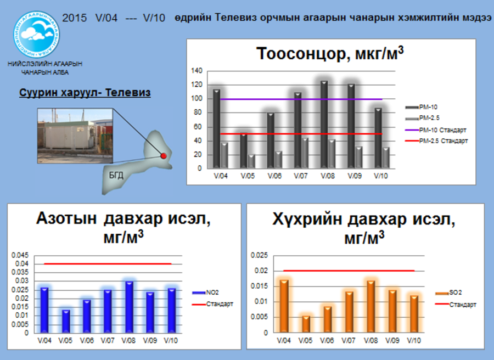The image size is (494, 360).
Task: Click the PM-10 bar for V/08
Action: [x=324, y=125]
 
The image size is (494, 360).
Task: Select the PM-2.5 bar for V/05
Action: [x=251, y=161]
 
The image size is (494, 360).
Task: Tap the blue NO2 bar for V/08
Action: [x=129, y=307]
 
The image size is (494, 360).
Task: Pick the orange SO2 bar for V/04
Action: [x=284, y=306]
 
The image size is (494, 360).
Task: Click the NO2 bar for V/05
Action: [x=66, y=321]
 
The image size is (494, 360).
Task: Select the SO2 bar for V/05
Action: [x=306, y=324]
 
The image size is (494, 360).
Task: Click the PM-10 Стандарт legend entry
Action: [x=436, y=130]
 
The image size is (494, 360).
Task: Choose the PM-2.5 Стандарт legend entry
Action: [x=436, y=141]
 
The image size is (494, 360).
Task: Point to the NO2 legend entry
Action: [x=205, y=292]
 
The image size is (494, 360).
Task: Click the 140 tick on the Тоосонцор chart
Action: [x=197, y=71]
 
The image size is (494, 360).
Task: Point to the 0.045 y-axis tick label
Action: [x=20, y=255]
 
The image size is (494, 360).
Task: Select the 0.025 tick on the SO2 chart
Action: [x=259, y=255]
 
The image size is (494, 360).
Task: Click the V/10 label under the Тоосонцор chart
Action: [x=380, y=176]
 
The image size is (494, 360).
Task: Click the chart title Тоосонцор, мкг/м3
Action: [x=330, y=54]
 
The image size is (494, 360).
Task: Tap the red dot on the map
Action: [x=164, y=156]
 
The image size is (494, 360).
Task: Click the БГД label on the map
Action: [x=116, y=175]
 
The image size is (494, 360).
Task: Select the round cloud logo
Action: [x=37, y=35]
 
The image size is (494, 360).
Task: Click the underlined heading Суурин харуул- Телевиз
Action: [x=85, y=93]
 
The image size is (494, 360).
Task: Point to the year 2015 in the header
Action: [x=74, y=18]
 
